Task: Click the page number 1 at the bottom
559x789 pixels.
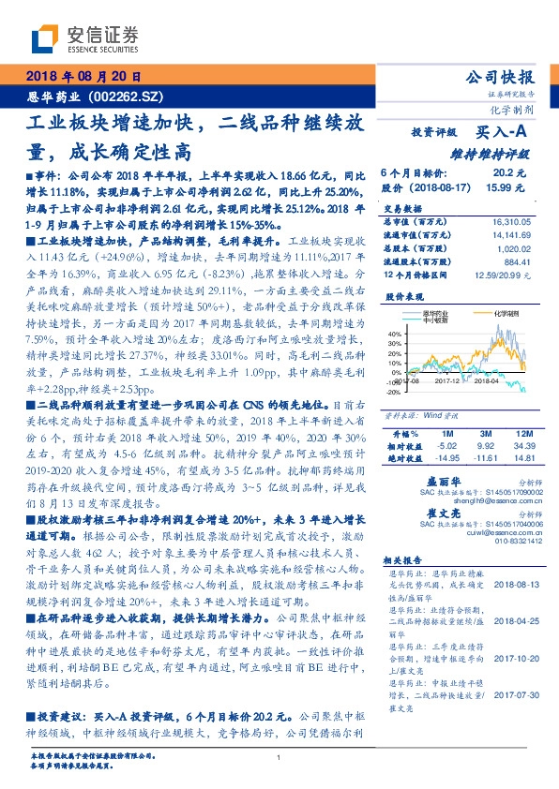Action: click(x=279, y=756)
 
